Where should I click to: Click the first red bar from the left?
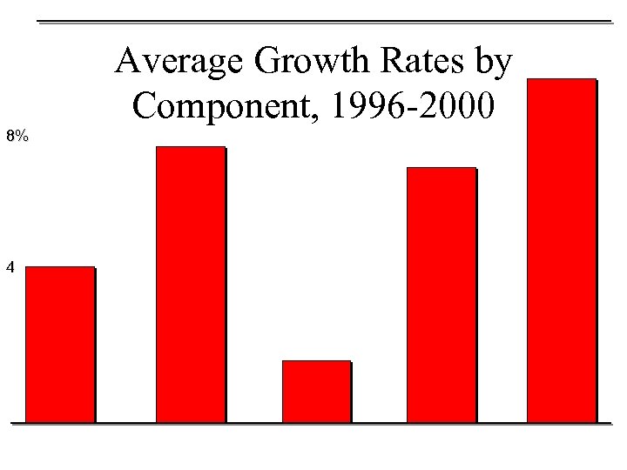pos(60,344)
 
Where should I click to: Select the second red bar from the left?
pos(190,284)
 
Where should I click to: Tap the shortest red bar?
pos(317,391)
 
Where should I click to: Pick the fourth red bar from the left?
pos(442,294)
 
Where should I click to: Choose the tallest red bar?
pos(562,250)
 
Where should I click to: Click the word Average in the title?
pos(167,64)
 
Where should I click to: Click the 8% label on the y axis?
pos(17,136)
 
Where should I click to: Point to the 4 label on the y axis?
pos(10,269)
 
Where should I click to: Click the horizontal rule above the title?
pos(327,20)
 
